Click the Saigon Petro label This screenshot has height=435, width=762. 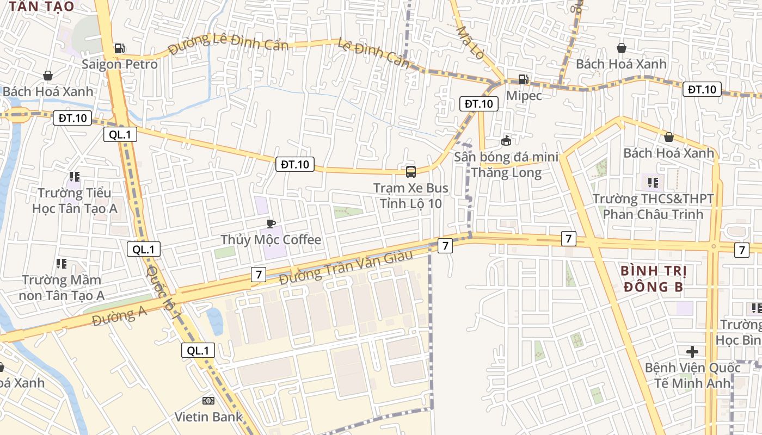click(x=120, y=64)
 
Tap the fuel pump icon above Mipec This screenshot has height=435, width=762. click(x=523, y=79)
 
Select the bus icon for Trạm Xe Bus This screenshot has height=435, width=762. click(x=411, y=172)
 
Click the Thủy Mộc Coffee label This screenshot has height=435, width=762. click(x=271, y=240)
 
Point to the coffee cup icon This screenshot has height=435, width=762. click(x=271, y=223)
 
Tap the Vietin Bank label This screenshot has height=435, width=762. click(x=208, y=417)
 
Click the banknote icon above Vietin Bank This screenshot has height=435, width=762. click(x=208, y=401)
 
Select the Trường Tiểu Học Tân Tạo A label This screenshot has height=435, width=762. click(x=75, y=201)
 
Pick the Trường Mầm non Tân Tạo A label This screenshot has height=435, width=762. click(x=61, y=288)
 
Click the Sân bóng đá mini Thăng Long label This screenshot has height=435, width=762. click(x=507, y=165)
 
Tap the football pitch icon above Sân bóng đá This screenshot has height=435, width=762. click(x=506, y=141)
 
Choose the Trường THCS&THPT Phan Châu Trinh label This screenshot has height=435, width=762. click(x=653, y=207)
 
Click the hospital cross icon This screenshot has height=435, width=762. click(x=692, y=352)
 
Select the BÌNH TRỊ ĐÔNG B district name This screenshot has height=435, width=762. click(x=653, y=279)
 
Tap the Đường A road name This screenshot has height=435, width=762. click(x=120, y=315)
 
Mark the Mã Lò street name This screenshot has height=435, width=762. click(x=470, y=43)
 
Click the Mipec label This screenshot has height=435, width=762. click(x=524, y=96)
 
